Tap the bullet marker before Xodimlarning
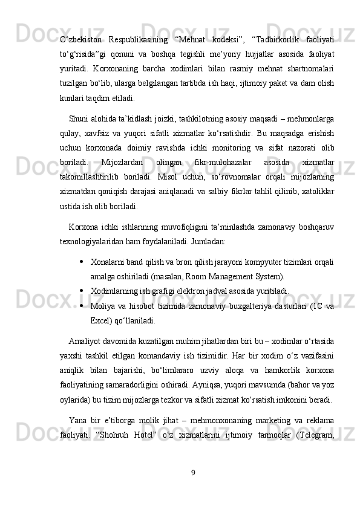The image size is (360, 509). pyautogui.click(x=81, y=290)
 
